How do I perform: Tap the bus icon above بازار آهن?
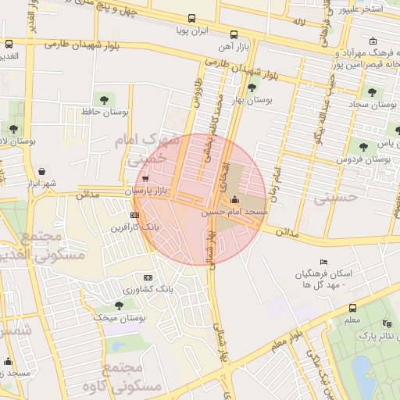click(234, 35)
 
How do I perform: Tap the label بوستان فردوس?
click(363, 159)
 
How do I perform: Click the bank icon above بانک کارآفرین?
click(135, 214)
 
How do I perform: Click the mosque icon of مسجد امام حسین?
click(234, 201)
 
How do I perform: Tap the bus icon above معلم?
click(352, 308)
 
